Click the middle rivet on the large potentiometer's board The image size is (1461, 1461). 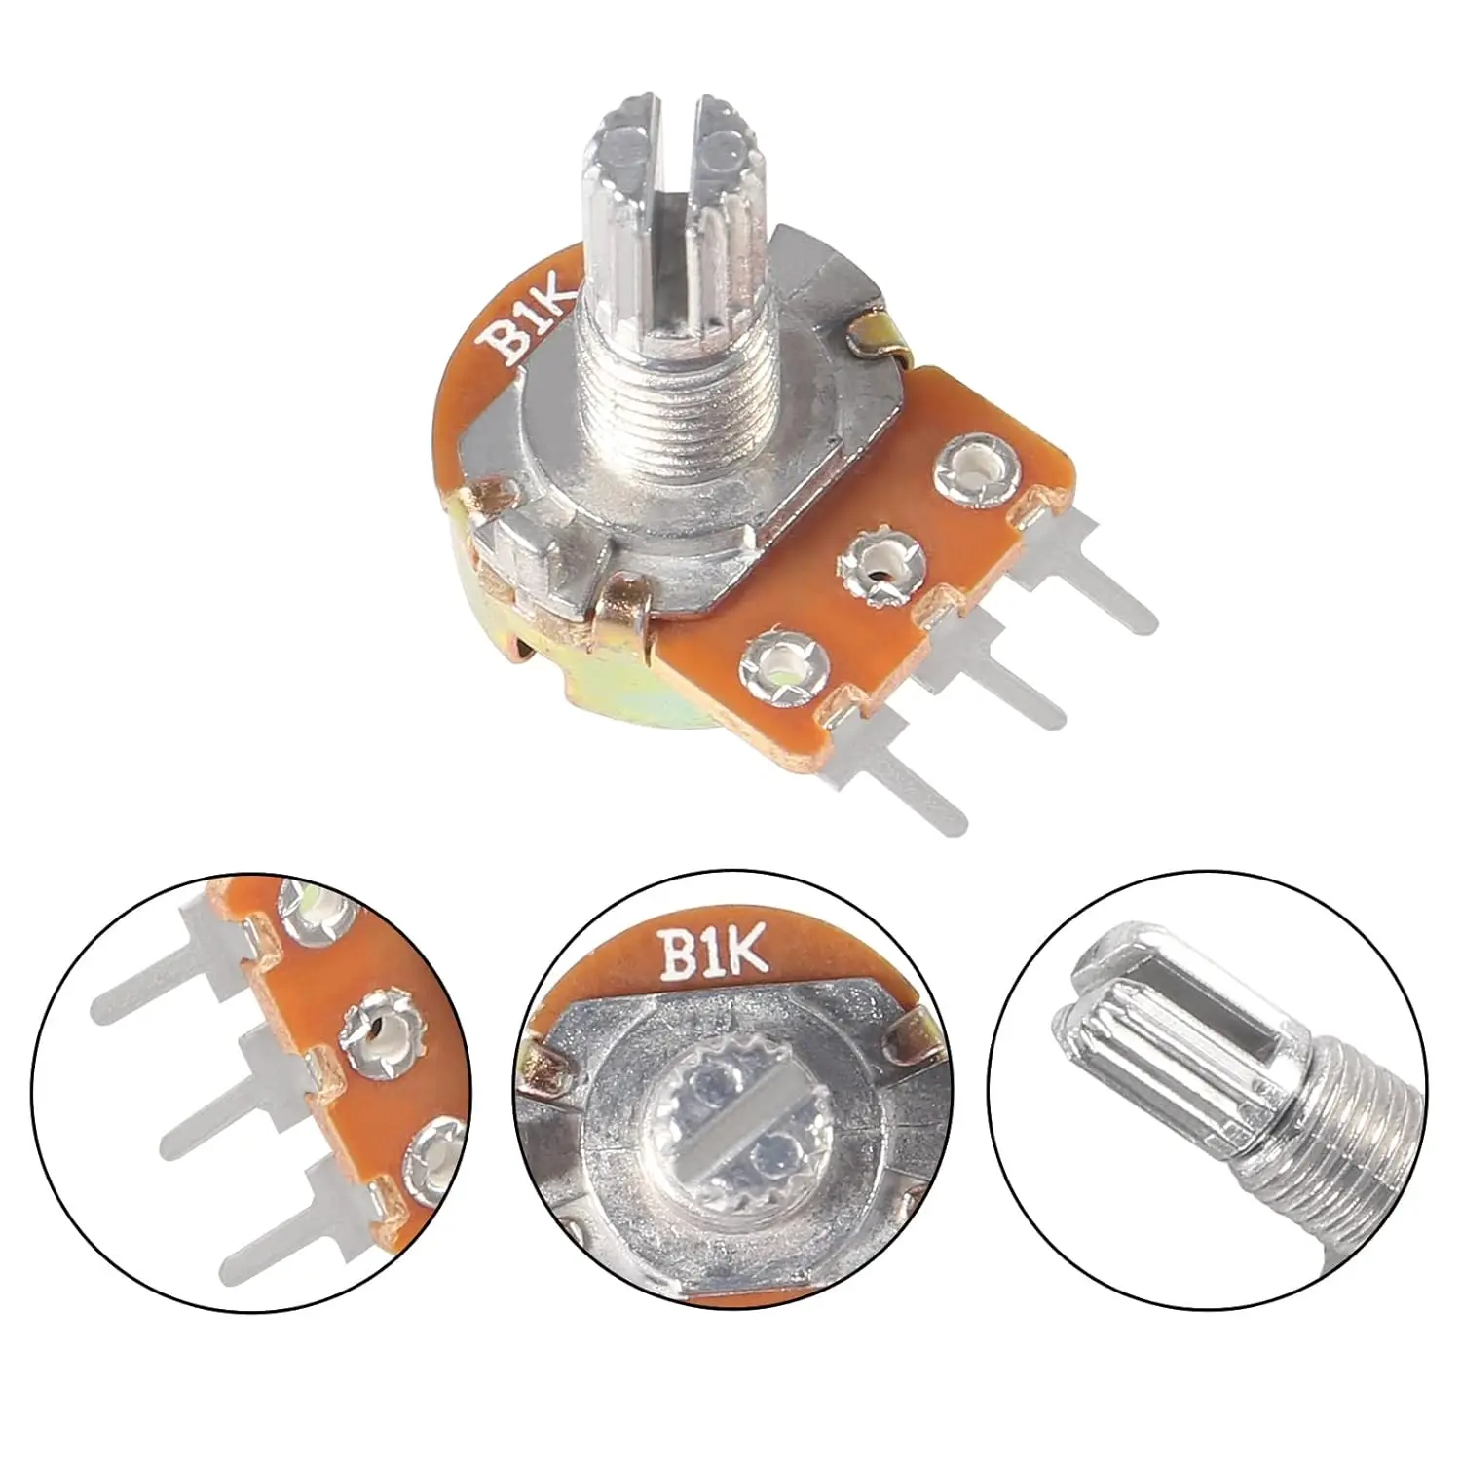pos(881,563)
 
